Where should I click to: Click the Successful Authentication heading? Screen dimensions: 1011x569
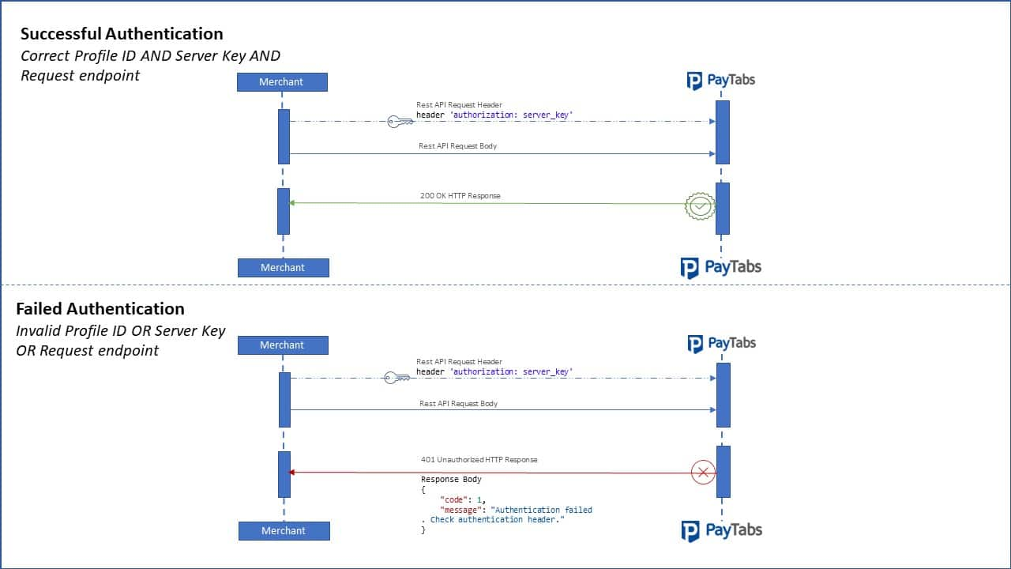(x=122, y=34)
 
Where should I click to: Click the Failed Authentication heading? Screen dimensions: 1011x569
(x=100, y=309)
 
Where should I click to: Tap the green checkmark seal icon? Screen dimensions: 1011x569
(x=700, y=206)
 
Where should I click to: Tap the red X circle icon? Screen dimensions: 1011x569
(x=703, y=473)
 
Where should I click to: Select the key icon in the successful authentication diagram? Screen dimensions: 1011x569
(x=400, y=122)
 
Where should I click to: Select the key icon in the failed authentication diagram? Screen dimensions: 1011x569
(x=397, y=378)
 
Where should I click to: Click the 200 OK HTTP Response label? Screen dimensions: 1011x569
(x=460, y=196)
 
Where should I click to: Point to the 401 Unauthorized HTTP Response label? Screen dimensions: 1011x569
(x=479, y=460)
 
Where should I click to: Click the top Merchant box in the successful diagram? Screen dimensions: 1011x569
(x=282, y=82)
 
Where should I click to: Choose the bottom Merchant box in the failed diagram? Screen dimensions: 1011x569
(x=284, y=531)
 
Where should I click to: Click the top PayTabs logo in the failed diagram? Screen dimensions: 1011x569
(x=721, y=344)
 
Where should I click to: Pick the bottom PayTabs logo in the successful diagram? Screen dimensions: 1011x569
(x=721, y=268)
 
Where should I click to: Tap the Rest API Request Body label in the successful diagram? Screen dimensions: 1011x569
(x=457, y=146)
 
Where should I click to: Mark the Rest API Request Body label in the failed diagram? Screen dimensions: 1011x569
(x=458, y=404)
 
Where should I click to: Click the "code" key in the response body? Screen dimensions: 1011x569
(x=453, y=500)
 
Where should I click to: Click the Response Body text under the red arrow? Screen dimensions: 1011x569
(x=451, y=479)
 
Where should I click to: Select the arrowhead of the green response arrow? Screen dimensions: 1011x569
(x=291, y=203)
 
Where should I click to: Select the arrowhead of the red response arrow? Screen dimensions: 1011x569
(x=291, y=473)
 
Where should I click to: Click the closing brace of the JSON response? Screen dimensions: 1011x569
(x=423, y=530)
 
